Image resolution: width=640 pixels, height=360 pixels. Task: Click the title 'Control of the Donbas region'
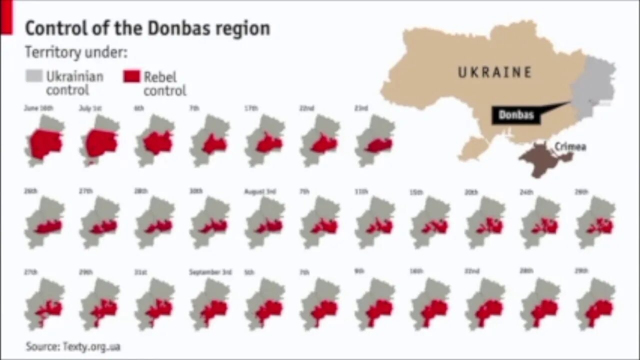click(147, 28)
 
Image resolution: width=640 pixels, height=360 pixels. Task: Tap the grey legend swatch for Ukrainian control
click(34, 76)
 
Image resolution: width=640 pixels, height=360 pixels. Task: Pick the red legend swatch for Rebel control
click(131, 76)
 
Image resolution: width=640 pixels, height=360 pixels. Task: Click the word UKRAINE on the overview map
click(494, 72)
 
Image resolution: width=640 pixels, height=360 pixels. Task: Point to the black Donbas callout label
click(516, 115)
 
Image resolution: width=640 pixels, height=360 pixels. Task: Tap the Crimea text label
click(569, 147)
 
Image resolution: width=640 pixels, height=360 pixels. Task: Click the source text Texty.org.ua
click(73, 346)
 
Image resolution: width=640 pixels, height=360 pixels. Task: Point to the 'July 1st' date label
click(90, 108)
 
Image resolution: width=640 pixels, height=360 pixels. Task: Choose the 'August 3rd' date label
click(260, 191)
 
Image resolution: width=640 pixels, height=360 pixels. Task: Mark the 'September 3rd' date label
click(210, 272)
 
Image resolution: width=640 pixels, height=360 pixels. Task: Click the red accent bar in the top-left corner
click(6, 18)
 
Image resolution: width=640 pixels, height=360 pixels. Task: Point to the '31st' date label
click(140, 272)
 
